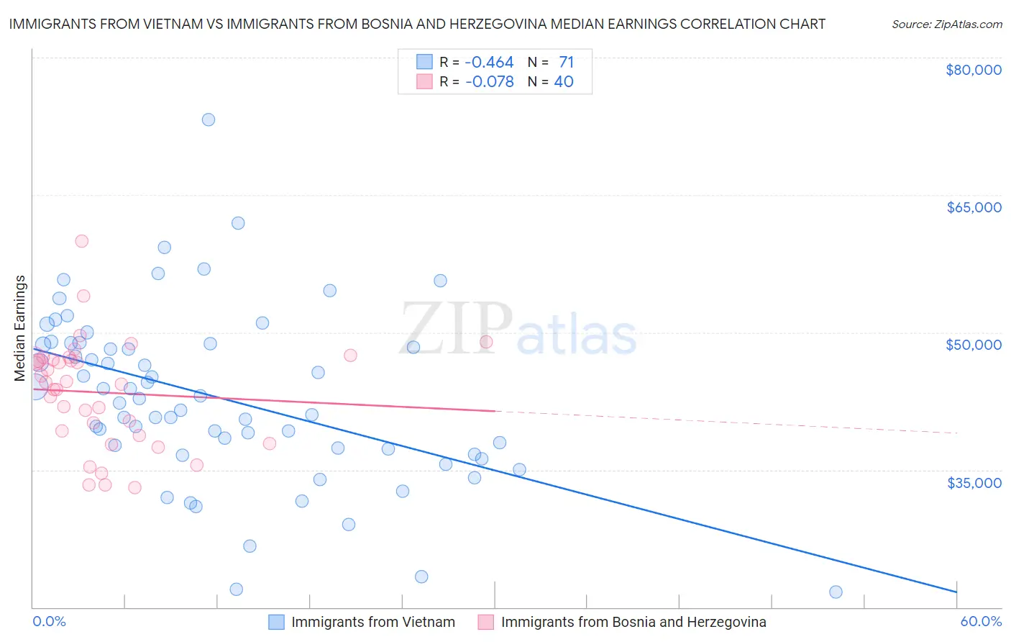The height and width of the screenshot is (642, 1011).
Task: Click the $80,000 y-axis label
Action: (974, 70)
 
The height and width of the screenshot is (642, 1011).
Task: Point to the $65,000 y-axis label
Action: (974, 207)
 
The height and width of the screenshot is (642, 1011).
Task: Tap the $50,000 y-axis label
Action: (974, 345)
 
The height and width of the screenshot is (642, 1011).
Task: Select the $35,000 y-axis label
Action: (974, 482)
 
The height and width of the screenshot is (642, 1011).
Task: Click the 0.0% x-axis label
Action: (49, 621)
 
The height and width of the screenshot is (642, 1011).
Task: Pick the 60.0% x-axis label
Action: (980, 621)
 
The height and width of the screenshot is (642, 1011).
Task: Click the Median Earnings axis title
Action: (20, 328)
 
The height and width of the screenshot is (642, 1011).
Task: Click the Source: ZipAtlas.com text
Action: (946, 24)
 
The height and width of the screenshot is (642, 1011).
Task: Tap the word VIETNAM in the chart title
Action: (173, 24)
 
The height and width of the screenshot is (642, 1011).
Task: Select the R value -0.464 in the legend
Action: (489, 63)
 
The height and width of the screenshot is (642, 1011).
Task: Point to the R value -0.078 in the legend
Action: (489, 82)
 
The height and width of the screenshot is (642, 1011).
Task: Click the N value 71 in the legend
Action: (566, 63)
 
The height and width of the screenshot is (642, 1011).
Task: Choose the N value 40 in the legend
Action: (564, 82)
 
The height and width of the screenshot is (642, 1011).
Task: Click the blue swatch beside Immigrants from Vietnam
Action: (277, 622)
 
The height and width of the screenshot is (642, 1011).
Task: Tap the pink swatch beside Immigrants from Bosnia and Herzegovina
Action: (486, 622)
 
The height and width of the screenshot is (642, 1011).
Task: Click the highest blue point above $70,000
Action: (209, 119)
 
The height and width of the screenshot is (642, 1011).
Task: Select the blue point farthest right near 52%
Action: (836, 592)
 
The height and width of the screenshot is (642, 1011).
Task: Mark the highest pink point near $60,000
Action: (82, 241)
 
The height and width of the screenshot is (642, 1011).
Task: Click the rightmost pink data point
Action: (486, 342)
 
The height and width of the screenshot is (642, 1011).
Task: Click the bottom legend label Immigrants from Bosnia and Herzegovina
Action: (633, 622)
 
